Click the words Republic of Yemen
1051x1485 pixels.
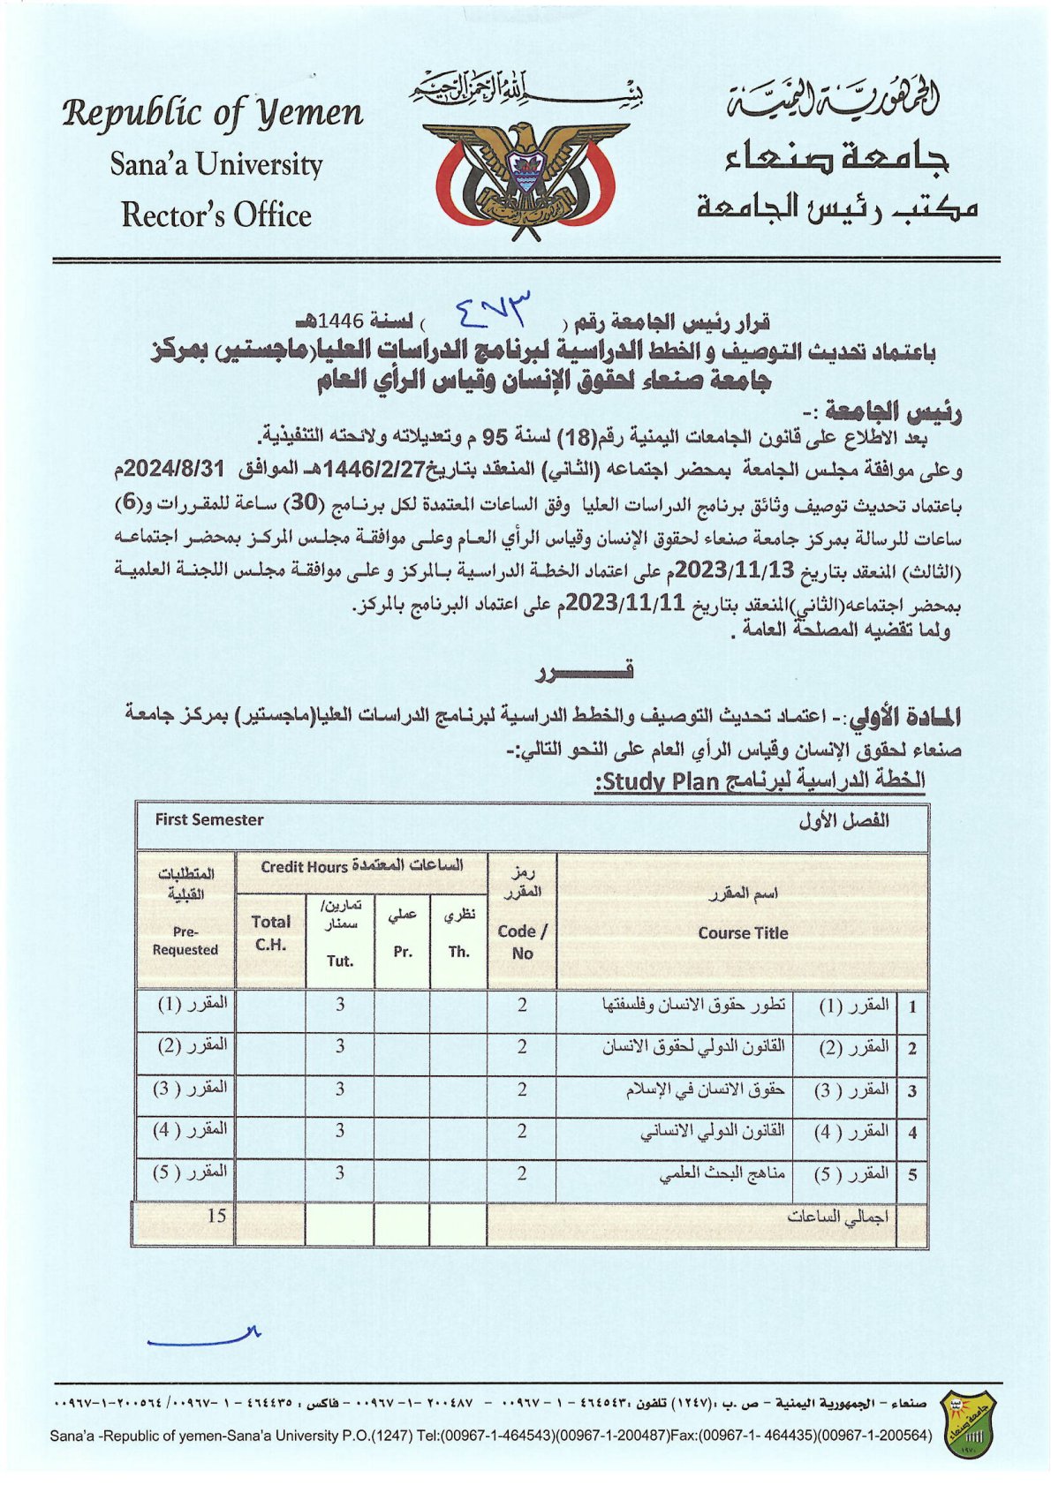213,114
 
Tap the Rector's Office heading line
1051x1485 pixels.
216,215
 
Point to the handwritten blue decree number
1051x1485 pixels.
495,309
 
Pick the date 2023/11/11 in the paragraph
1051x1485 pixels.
616,604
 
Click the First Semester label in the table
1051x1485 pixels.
209,819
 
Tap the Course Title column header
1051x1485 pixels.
742,932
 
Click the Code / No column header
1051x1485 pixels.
522,941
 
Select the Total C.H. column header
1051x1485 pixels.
270,932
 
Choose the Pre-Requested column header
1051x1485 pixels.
185,940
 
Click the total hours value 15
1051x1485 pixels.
217,1216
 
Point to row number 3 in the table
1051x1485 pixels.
911,1090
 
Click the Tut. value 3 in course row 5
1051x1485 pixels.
340,1173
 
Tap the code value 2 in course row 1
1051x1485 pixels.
522,1005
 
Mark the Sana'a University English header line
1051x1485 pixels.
216,165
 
